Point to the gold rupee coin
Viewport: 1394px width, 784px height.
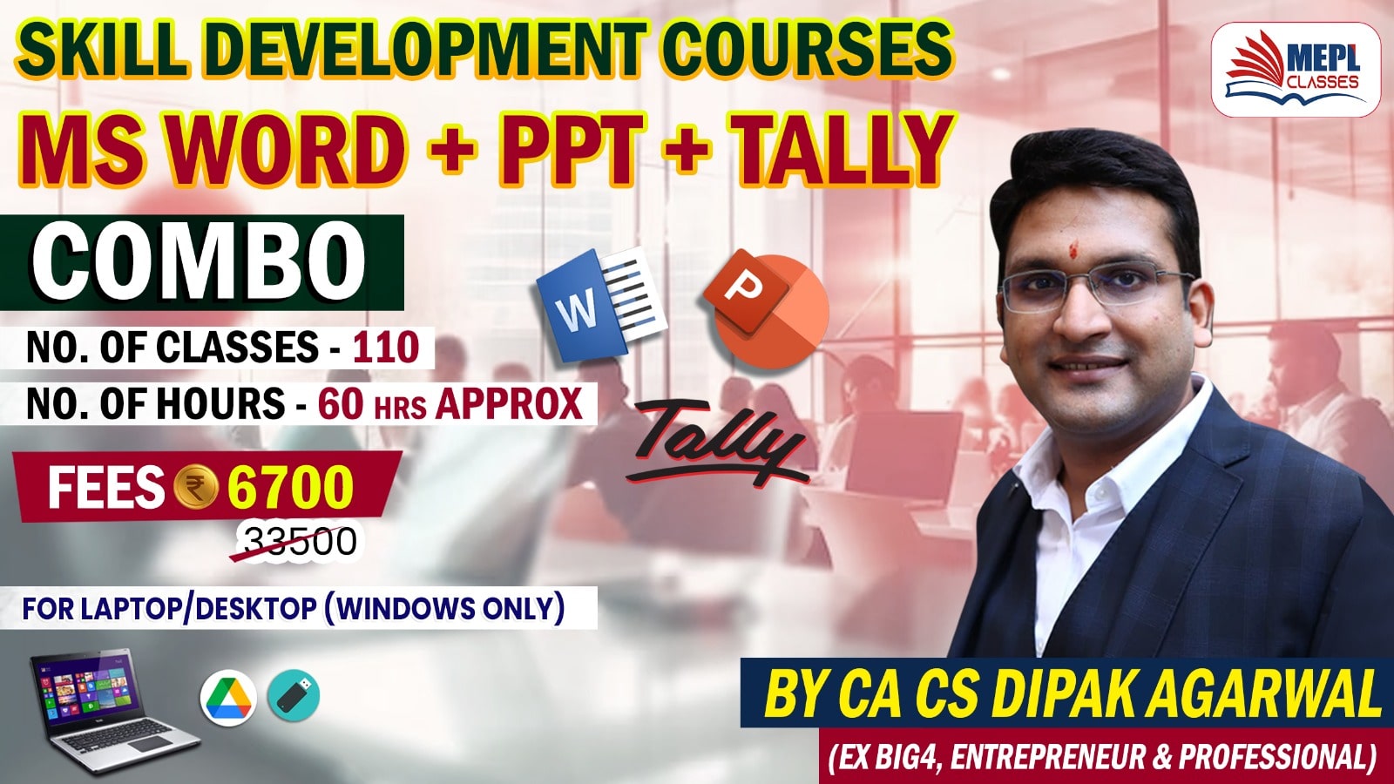point(196,488)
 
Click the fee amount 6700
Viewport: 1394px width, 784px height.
point(290,488)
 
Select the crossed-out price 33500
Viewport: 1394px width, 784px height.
point(301,542)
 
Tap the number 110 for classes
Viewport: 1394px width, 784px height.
point(386,348)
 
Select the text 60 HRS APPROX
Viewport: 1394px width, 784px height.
point(450,403)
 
